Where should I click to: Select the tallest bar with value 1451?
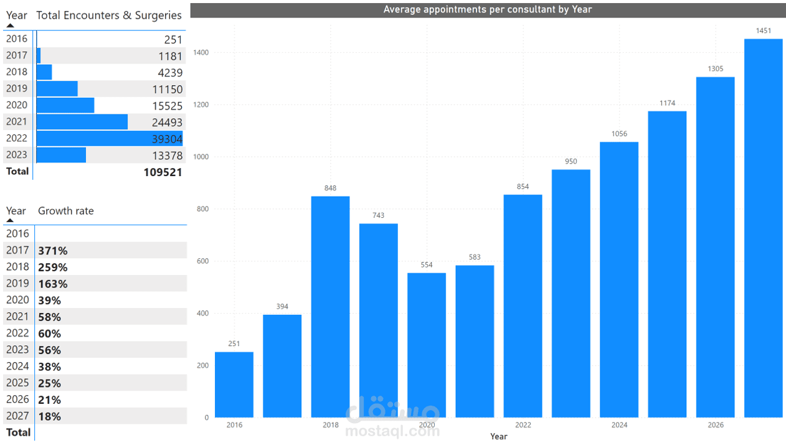point(763,228)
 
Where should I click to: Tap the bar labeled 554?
point(427,345)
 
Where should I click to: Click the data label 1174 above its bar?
point(667,103)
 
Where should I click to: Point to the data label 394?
point(282,306)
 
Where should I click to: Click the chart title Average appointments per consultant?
point(488,9)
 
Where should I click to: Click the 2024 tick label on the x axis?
point(619,425)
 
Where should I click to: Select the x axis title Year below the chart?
point(498,436)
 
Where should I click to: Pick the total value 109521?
point(163,172)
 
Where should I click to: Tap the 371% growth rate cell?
point(53,251)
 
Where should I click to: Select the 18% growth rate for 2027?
point(50,416)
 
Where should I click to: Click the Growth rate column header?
point(66,211)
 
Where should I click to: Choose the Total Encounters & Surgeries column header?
point(109,16)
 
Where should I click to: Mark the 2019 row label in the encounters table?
point(17,88)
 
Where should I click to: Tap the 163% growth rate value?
point(53,284)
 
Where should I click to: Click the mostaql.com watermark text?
point(392,430)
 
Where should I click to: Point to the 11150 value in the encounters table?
point(167,89)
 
